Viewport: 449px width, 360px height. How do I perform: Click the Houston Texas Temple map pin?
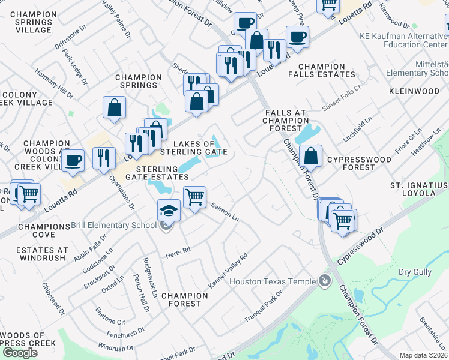pos(325,281)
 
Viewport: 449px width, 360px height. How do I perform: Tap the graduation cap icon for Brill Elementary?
pos(168,212)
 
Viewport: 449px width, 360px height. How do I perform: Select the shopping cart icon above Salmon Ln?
pos(194,197)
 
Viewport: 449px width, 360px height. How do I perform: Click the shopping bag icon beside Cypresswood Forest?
pos(311,157)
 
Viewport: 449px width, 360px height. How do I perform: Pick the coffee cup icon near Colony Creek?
pos(73,161)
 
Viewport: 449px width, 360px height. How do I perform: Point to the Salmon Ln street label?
pos(225,212)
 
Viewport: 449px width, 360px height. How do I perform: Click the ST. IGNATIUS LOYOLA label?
pos(420,188)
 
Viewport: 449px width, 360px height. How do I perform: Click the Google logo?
pos(20,353)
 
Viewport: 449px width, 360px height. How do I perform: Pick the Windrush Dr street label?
pos(112,347)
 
